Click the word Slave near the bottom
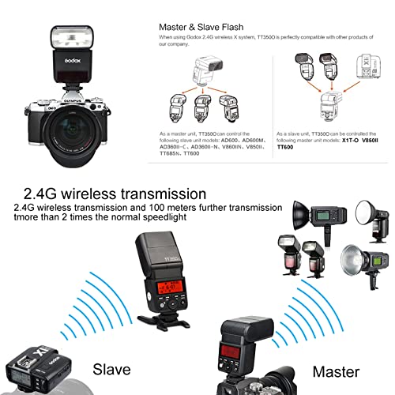[x=112, y=369]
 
